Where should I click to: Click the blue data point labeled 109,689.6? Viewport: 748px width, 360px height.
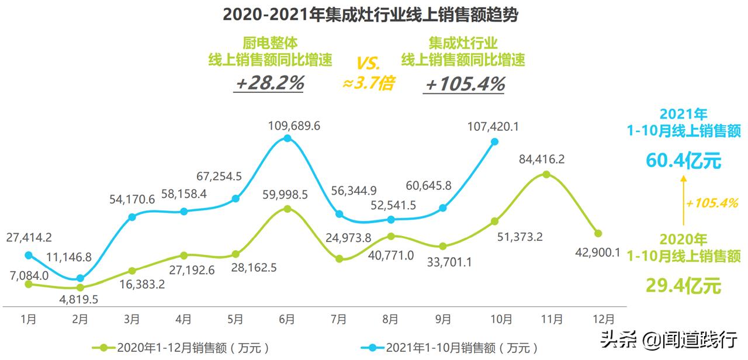click(x=287, y=139)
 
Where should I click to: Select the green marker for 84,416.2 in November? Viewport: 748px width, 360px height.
click(x=546, y=174)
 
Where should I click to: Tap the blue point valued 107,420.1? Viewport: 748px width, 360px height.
click(x=494, y=141)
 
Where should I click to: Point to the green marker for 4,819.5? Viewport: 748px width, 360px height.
click(x=80, y=287)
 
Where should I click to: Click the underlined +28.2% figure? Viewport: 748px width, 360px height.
click(x=269, y=84)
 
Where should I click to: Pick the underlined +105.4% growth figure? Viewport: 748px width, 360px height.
click(x=465, y=84)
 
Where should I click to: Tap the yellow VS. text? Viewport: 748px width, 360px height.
click(x=368, y=61)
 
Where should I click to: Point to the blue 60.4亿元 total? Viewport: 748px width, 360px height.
click(x=683, y=160)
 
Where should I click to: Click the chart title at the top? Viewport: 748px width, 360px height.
click(x=370, y=15)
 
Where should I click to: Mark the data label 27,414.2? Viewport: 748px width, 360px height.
click(x=29, y=237)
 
